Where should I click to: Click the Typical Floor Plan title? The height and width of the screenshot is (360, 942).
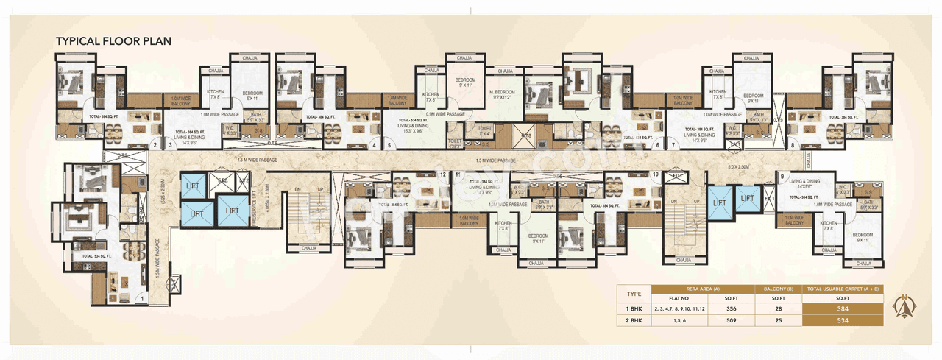[114, 41]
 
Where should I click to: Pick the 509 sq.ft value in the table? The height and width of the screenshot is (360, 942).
[731, 321]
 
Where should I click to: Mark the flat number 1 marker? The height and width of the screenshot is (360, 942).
[141, 299]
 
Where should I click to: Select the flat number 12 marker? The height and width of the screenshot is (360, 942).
[442, 175]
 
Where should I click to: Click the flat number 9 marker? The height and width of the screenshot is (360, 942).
[782, 176]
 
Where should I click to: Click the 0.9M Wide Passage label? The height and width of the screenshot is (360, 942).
[445, 114]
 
